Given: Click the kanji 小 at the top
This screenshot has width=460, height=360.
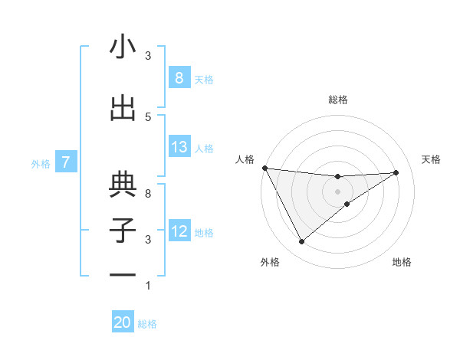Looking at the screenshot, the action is [123, 47].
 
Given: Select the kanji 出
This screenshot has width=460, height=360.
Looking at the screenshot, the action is [123, 109].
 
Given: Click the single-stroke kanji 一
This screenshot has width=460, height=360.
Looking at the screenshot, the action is [123, 274].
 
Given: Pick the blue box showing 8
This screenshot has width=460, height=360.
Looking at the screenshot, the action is [179, 78].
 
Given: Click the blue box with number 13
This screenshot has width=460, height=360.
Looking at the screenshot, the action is [179, 147].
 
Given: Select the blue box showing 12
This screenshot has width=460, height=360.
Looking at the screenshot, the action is [179, 231].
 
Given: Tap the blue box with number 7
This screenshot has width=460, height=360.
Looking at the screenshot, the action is [67, 162].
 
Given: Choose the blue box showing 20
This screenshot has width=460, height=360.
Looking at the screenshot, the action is [123, 322].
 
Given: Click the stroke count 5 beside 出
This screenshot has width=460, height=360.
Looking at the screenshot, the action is [148, 116].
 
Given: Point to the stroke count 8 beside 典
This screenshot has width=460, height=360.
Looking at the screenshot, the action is [148, 194].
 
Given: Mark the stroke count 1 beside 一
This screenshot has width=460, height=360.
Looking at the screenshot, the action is [148, 286].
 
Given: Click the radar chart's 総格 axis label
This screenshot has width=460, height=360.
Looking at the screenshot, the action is [337, 100].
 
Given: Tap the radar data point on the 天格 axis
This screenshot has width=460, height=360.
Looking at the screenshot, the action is [396, 172].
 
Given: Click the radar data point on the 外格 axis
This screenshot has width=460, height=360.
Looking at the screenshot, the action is [301, 242].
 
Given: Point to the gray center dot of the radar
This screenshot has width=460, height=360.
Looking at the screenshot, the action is [337, 191].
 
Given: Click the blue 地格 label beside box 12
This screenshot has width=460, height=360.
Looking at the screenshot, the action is [204, 232].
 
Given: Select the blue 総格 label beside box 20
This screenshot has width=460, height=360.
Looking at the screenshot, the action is [147, 324].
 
